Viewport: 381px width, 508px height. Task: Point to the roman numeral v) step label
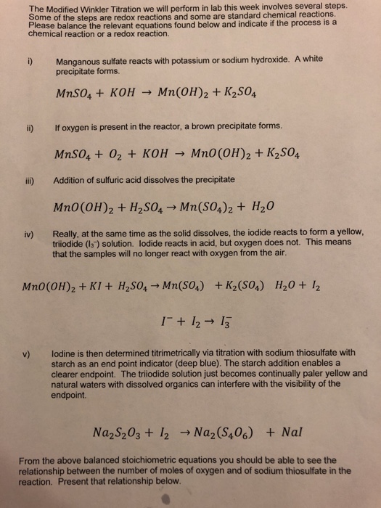(25, 354)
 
